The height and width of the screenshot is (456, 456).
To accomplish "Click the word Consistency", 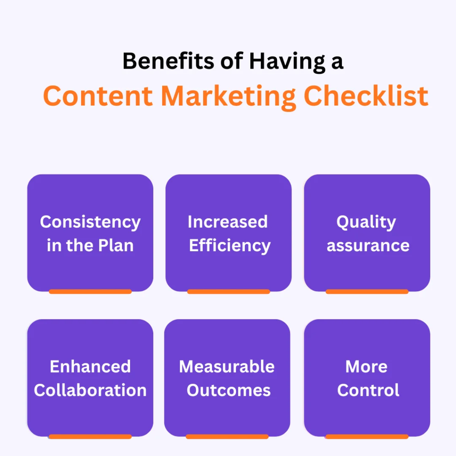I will [x=90, y=222].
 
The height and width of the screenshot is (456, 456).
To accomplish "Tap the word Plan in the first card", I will [x=117, y=245].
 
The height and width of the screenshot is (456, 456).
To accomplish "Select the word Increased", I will [x=228, y=222].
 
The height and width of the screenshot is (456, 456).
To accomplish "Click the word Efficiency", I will [x=229, y=245].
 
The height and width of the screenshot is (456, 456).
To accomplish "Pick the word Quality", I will [x=366, y=222].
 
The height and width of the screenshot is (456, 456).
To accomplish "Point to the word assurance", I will [x=368, y=245].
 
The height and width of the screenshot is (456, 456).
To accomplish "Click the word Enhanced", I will [x=90, y=366].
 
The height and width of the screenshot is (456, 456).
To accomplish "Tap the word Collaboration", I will [x=90, y=390].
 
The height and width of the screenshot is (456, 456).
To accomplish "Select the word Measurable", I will [x=227, y=366].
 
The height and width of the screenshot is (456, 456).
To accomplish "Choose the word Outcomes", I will [x=228, y=390].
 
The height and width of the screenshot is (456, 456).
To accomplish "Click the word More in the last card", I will [x=366, y=366].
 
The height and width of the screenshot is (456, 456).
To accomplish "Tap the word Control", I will [x=368, y=390].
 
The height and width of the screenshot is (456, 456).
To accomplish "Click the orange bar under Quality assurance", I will [x=367, y=292].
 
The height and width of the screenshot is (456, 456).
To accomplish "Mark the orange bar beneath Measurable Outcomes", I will [x=227, y=436].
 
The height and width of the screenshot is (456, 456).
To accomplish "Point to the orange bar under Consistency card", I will [x=90, y=292].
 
